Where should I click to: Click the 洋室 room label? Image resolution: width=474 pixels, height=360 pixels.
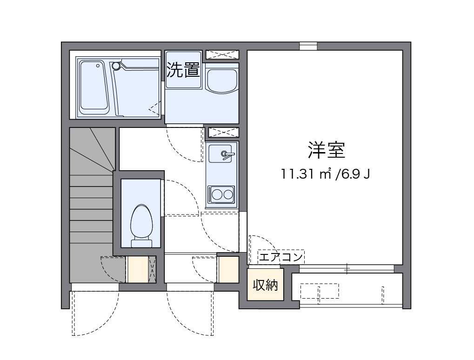point(326,150)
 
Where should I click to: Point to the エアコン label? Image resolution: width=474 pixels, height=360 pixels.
point(281,256)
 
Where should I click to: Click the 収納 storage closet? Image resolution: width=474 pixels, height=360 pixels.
point(265,284)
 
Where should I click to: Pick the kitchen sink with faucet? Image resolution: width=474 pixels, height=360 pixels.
point(221,153)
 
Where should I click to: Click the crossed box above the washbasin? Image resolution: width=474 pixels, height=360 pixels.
point(222,55)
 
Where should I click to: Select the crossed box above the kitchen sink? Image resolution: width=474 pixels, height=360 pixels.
point(222,132)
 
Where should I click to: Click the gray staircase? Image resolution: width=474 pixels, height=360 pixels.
point(91,205)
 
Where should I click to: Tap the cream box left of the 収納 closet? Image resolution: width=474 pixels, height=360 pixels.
point(228,269)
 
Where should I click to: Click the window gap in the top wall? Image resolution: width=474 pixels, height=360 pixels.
point(308,46)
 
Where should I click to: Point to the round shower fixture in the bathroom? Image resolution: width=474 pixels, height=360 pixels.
point(116,66)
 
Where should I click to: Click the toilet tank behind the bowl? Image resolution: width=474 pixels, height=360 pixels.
point(141,242)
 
